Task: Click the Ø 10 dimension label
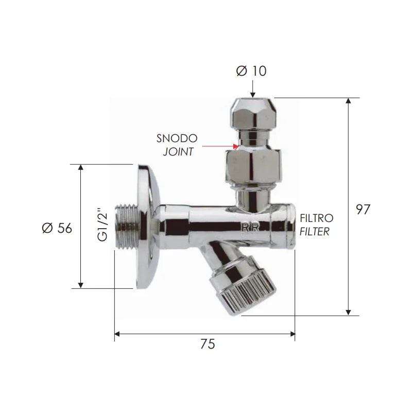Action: point(251,71)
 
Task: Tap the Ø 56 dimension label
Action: point(57,228)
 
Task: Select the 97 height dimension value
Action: point(363,210)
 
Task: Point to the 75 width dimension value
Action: point(208,344)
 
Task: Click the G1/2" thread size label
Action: point(102,225)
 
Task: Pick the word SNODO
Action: point(177,139)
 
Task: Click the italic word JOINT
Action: point(178,151)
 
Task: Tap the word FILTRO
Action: point(317,218)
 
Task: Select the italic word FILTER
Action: point(315,231)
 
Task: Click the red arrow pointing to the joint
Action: point(220,146)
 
